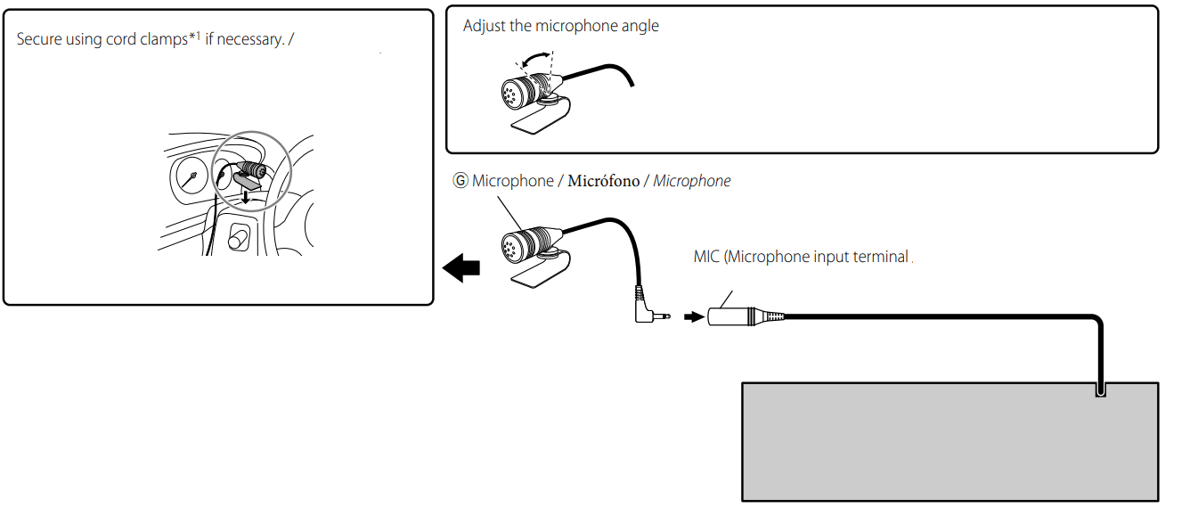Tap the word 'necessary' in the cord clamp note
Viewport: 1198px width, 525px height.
coord(251,40)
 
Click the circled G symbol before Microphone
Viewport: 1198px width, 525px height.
coord(460,181)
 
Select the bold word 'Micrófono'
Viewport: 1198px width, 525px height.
coord(604,181)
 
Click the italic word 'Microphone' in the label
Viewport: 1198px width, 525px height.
coord(691,181)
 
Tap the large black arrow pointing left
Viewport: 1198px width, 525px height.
coord(461,267)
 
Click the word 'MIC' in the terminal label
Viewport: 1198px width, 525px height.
coord(705,257)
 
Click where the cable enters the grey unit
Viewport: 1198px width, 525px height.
coord(1101,389)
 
